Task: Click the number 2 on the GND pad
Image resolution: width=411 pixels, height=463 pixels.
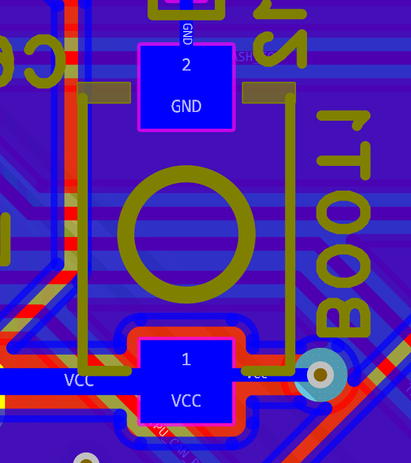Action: click(186, 64)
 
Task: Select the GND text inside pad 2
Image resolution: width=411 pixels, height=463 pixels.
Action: click(186, 106)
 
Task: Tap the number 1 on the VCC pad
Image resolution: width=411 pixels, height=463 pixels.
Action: click(186, 359)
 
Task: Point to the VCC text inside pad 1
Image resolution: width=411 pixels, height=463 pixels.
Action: click(186, 401)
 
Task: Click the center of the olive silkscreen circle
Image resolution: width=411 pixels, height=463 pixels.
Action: click(186, 234)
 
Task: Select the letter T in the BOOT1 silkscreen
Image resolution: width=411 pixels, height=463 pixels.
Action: click(344, 158)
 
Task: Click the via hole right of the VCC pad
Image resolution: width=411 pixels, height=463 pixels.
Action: click(320, 374)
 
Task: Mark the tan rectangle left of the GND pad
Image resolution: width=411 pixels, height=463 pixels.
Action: click(104, 93)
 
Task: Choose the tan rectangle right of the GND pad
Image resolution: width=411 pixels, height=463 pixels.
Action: click(269, 93)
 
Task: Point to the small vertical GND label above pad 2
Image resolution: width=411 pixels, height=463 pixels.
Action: click(187, 33)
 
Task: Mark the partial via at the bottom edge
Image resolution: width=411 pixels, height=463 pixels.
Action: click(86, 459)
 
